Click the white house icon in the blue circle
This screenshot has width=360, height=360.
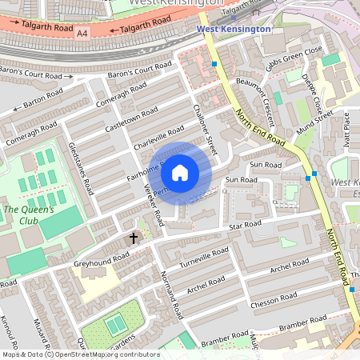click(180, 172)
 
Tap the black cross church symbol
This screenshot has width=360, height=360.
click(134, 238)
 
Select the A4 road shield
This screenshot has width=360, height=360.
click(82, 34)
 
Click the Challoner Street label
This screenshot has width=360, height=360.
click(206, 128)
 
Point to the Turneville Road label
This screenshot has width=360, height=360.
click(203, 258)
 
